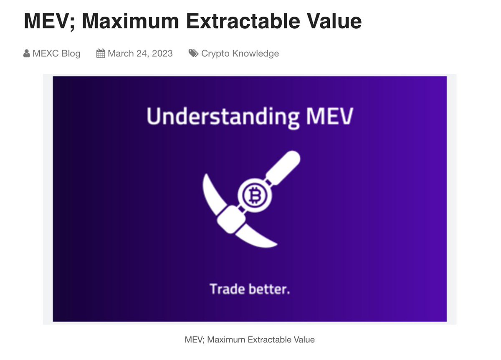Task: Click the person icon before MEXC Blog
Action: [27, 53]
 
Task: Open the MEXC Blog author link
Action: [56, 53]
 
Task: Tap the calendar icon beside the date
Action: [100, 53]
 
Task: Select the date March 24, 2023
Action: [140, 53]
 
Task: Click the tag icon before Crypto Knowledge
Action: [193, 53]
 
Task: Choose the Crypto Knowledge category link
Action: [240, 53]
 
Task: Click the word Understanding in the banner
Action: [223, 116]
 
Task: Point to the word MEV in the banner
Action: [329, 116]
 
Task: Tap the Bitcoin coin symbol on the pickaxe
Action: [252, 194]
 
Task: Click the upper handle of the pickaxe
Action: [284, 166]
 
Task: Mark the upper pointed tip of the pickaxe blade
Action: [205, 177]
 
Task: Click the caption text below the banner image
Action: [249, 340]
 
